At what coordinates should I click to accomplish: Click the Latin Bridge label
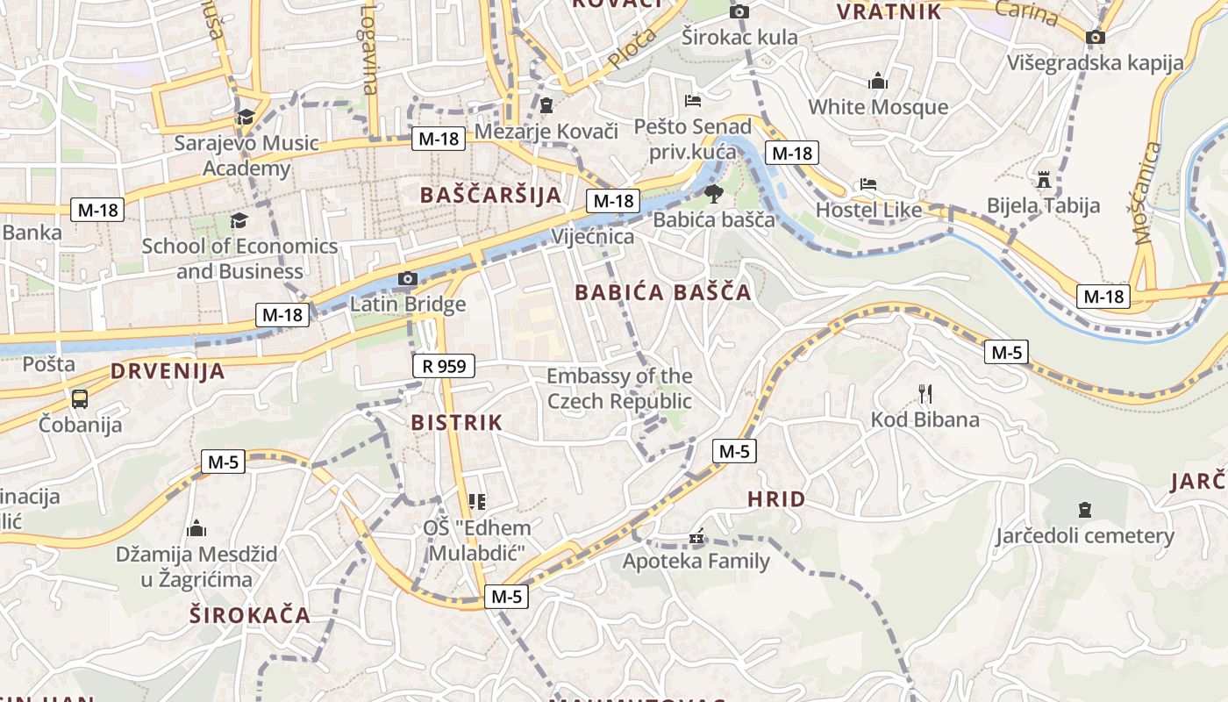click(408, 304)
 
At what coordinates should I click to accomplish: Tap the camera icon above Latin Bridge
click(407, 279)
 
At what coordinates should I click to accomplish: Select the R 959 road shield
click(444, 366)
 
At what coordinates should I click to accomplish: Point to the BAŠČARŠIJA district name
click(490, 195)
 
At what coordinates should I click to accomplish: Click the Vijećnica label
click(593, 237)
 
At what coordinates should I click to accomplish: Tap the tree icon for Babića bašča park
click(714, 192)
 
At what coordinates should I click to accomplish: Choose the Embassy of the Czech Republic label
click(619, 389)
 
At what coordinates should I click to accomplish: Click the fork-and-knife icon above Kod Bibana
click(925, 394)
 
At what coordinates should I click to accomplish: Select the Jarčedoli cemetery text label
click(1084, 535)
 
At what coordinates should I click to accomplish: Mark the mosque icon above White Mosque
click(878, 82)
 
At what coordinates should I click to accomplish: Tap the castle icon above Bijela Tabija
click(1043, 180)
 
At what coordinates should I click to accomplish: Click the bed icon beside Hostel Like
click(867, 184)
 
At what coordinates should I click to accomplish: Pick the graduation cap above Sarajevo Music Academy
click(246, 117)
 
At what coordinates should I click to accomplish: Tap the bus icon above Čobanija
click(80, 399)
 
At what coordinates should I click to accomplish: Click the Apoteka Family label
click(696, 561)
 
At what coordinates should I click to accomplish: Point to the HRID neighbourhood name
click(776, 499)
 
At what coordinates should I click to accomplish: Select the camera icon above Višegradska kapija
click(1095, 37)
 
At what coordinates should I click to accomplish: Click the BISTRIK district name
click(457, 423)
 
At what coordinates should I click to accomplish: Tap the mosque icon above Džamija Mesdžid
click(196, 528)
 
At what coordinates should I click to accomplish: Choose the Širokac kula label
click(740, 37)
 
